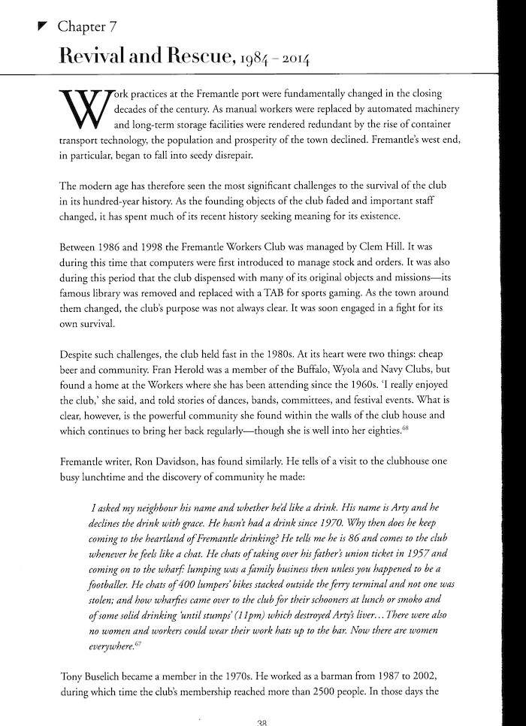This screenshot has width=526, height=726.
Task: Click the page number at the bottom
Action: [x=262, y=721]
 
